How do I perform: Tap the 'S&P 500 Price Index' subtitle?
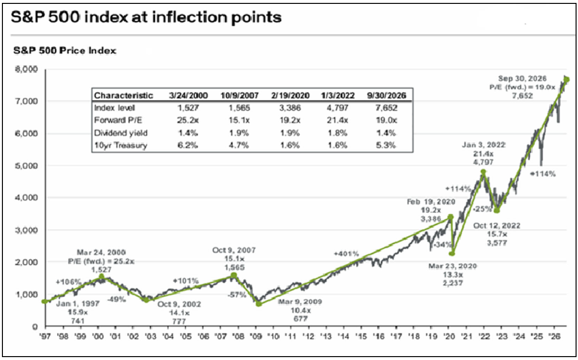click(65, 50)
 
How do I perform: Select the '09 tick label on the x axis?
click(255, 336)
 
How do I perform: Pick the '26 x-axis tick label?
click(553, 336)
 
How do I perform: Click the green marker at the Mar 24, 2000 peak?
click(102, 277)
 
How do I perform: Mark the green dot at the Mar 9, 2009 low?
click(259, 304)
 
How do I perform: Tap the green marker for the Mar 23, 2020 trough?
click(453, 254)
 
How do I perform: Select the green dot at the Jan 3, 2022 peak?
click(483, 171)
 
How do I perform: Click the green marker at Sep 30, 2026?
click(567, 79)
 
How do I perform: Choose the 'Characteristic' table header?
click(123, 95)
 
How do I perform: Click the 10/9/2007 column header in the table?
click(239, 95)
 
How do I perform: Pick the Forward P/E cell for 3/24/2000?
click(188, 120)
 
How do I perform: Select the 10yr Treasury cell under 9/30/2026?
click(386, 145)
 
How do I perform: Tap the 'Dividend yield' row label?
click(120, 133)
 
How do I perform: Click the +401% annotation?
click(346, 254)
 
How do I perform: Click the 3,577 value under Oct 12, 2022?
click(497, 243)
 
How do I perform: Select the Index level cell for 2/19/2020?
click(290, 108)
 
